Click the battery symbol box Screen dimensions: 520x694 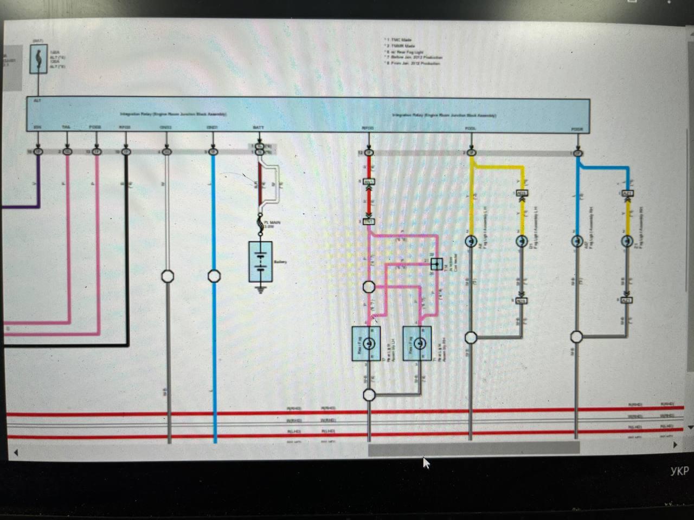(x=260, y=261)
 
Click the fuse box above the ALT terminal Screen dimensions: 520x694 (x=38, y=56)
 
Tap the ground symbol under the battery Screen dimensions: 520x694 (x=261, y=289)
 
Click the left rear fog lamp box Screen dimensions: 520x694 (x=367, y=343)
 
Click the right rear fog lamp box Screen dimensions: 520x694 (x=417, y=343)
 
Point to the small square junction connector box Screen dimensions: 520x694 (x=436, y=264)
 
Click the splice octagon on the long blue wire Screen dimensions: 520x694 (x=215, y=276)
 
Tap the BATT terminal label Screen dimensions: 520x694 (x=259, y=128)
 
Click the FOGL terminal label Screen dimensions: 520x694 (x=471, y=128)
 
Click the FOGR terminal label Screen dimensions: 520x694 (x=577, y=129)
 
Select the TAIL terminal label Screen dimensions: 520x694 (x=66, y=127)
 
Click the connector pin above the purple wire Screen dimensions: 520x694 (x=38, y=152)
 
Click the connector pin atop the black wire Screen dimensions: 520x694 (x=126, y=152)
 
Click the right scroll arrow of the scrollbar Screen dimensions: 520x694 (x=674, y=445)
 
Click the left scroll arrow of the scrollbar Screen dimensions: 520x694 (x=16, y=452)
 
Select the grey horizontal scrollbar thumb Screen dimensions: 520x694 (x=473, y=448)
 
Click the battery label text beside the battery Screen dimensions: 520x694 (x=280, y=262)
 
